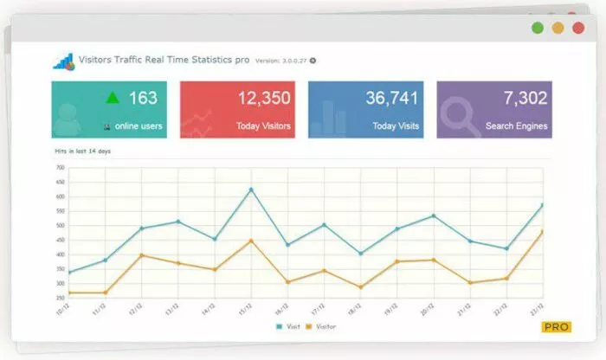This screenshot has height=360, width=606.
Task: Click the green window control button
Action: [x=538, y=28]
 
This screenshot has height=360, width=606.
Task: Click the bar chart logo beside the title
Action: [x=64, y=61]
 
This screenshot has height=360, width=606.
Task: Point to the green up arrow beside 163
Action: [x=112, y=98]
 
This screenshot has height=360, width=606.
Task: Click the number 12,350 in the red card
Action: [x=263, y=98]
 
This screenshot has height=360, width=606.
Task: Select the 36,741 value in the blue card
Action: [x=391, y=98]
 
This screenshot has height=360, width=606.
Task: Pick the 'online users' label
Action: [x=138, y=126]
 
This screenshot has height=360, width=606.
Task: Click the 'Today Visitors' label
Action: [x=263, y=126]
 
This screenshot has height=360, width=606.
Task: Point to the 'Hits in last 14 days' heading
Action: [x=82, y=151]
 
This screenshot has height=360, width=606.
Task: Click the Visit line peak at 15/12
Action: [x=251, y=189]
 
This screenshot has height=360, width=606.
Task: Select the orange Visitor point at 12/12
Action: [x=142, y=255]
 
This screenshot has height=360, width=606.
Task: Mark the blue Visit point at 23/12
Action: [x=543, y=205]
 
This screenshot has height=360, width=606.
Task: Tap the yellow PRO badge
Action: [x=556, y=327]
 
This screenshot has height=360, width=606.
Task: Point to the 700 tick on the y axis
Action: [x=60, y=167]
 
